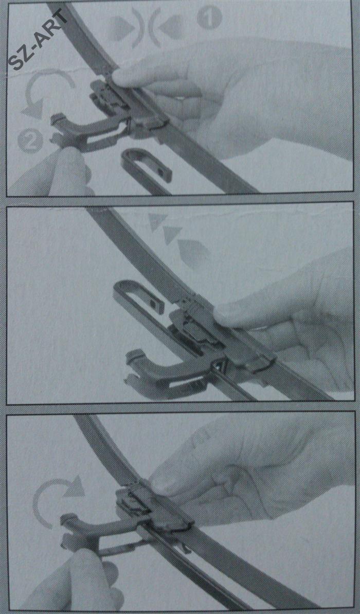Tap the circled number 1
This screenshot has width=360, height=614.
coord(209,18)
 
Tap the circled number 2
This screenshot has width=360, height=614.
coord(30,141)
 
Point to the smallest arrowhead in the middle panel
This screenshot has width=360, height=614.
coord(157,221)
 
